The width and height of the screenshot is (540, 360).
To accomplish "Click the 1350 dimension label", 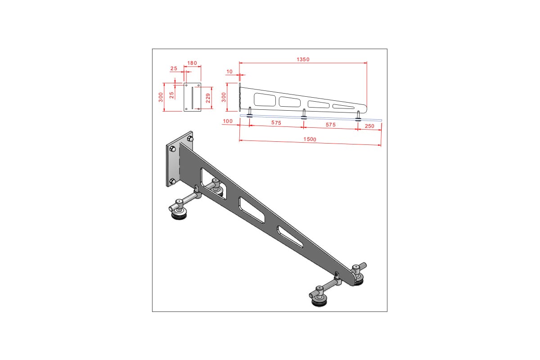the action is pyautogui.click(x=303, y=59).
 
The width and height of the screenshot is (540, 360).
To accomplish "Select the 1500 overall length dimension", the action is pyautogui.click(x=310, y=139).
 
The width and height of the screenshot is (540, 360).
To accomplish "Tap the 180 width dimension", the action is pyautogui.click(x=192, y=63).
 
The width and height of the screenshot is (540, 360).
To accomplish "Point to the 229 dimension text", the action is pyautogui.click(x=208, y=98).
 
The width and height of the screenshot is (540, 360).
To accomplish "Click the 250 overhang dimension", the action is pyautogui.click(x=369, y=126).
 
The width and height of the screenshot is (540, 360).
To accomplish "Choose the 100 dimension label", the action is pyautogui.click(x=228, y=121).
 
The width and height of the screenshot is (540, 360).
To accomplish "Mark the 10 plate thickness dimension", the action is pyautogui.click(x=229, y=72).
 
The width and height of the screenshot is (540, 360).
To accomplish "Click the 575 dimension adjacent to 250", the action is pyautogui.click(x=330, y=125).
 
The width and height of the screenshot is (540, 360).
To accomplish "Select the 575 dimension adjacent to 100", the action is pyautogui.click(x=276, y=123).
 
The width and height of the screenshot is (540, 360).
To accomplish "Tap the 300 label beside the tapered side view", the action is pyautogui.click(x=224, y=97).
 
